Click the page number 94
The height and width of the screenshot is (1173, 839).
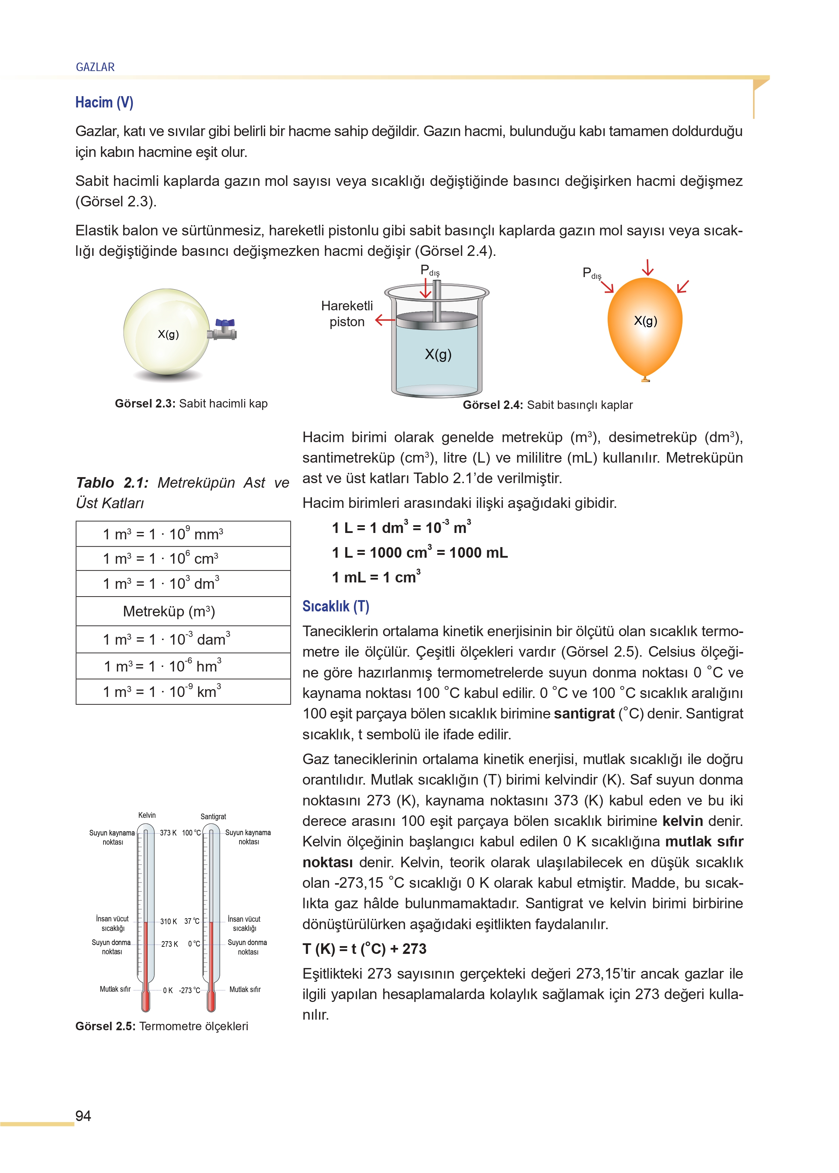tap(83, 1116)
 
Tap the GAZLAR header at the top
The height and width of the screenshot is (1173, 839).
tap(95, 67)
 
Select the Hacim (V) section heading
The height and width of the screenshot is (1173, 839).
tap(104, 102)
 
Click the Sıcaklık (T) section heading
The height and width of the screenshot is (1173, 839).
tap(336, 606)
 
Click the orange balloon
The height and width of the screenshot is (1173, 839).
tap(645, 325)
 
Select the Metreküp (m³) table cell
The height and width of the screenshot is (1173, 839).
tap(169, 612)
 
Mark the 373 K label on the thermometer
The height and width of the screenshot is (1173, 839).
tap(168, 833)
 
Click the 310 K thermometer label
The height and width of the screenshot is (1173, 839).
tap(169, 921)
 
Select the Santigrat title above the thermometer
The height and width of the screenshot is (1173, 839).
tap(213, 816)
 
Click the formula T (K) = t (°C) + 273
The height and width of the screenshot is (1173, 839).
tap(365, 949)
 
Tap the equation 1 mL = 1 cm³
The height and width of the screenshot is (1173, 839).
tap(377, 577)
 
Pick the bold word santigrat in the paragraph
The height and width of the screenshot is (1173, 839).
tap(584, 714)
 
